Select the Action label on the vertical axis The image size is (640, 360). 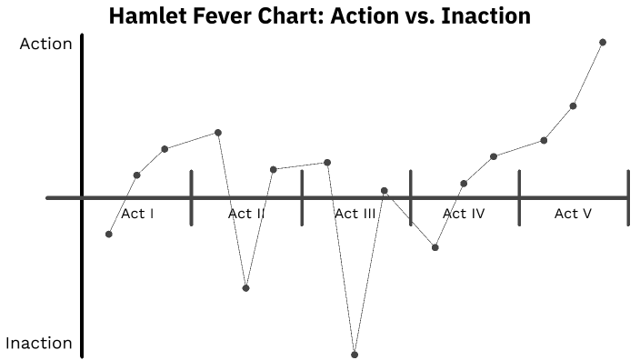point(45,44)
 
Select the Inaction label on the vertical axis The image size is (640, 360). point(39,344)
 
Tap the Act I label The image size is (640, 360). point(137,215)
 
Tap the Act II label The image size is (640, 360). point(246,215)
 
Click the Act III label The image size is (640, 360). point(355,215)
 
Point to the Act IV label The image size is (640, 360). point(464,215)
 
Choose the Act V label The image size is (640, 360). point(574,215)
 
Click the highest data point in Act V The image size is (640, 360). point(603,42)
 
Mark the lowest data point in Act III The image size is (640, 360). point(355,355)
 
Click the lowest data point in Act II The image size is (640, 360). point(245,288)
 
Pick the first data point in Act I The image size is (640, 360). point(109,235)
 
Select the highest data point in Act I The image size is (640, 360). point(218,133)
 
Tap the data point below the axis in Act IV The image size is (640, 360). point(435,247)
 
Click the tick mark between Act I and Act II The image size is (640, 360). point(192,197)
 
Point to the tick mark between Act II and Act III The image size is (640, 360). point(301,197)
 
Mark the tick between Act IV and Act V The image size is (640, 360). point(519,197)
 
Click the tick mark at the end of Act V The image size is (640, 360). point(627,197)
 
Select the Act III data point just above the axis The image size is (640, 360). point(385,191)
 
